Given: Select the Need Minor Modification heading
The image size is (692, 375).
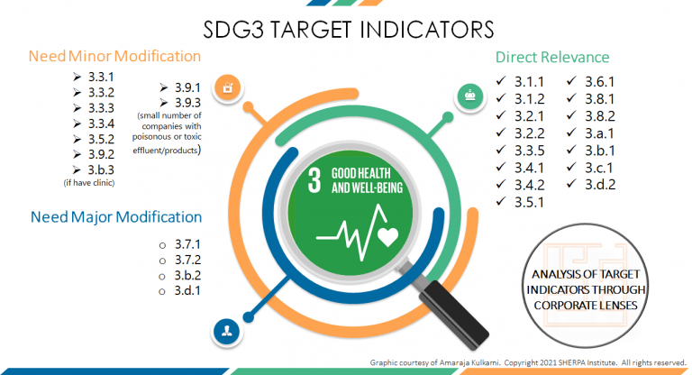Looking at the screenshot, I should tap(114, 57).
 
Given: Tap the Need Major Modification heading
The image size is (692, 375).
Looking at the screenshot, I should tap(115, 217).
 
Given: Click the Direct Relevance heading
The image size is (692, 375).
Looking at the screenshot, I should tap(552, 57).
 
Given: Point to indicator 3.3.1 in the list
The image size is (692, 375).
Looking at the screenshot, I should tap(101, 75).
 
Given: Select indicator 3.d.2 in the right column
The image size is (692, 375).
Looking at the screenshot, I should tap(601, 184).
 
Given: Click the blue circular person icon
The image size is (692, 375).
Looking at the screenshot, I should tap(225, 330).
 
